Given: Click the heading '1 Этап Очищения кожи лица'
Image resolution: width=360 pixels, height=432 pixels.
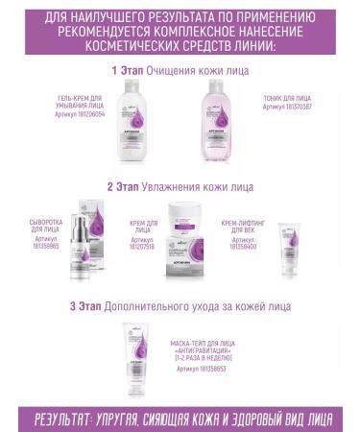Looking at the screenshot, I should coord(180,70).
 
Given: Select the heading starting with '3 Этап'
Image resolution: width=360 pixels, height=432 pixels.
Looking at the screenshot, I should coord(180,306).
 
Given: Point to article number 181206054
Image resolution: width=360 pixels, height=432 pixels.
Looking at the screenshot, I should coord(82,111).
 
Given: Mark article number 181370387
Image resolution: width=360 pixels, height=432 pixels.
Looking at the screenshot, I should coord(286,108).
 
